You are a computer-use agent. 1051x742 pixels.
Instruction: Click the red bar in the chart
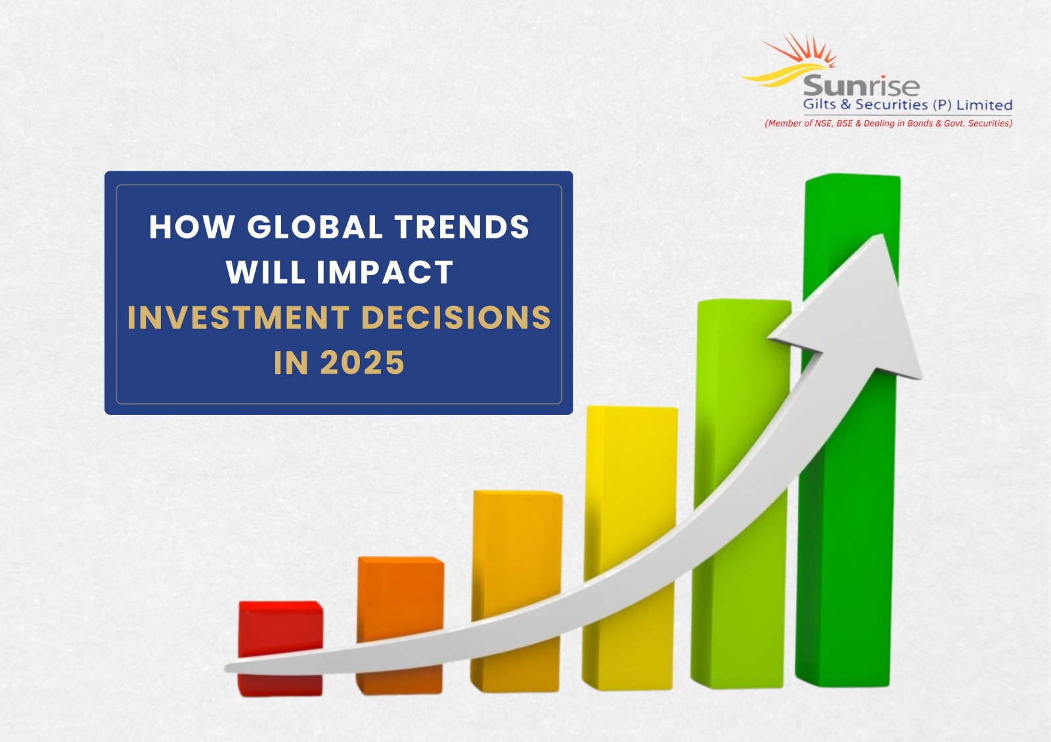pyautogui.click(x=280, y=630)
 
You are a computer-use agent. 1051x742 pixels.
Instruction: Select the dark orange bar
pyautogui.click(x=400, y=598)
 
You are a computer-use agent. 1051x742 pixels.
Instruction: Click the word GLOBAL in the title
pyautogui.click(x=315, y=227)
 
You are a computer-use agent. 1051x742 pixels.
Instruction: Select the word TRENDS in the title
pyautogui.click(x=462, y=227)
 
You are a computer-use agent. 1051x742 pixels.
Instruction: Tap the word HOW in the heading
pyautogui.click(x=192, y=227)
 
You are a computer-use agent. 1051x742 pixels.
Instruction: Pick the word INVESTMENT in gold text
pyautogui.click(x=238, y=318)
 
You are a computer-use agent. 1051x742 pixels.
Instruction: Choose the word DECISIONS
pyautogui.click(x=456, y=318)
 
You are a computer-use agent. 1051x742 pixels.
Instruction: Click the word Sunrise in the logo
pyautogui.click(x=861, y=86)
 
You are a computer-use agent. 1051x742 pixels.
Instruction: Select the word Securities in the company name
pyautogui.click(x=891, y=105)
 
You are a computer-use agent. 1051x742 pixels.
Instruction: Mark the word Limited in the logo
pyautogui.click(x=984, y=105)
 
